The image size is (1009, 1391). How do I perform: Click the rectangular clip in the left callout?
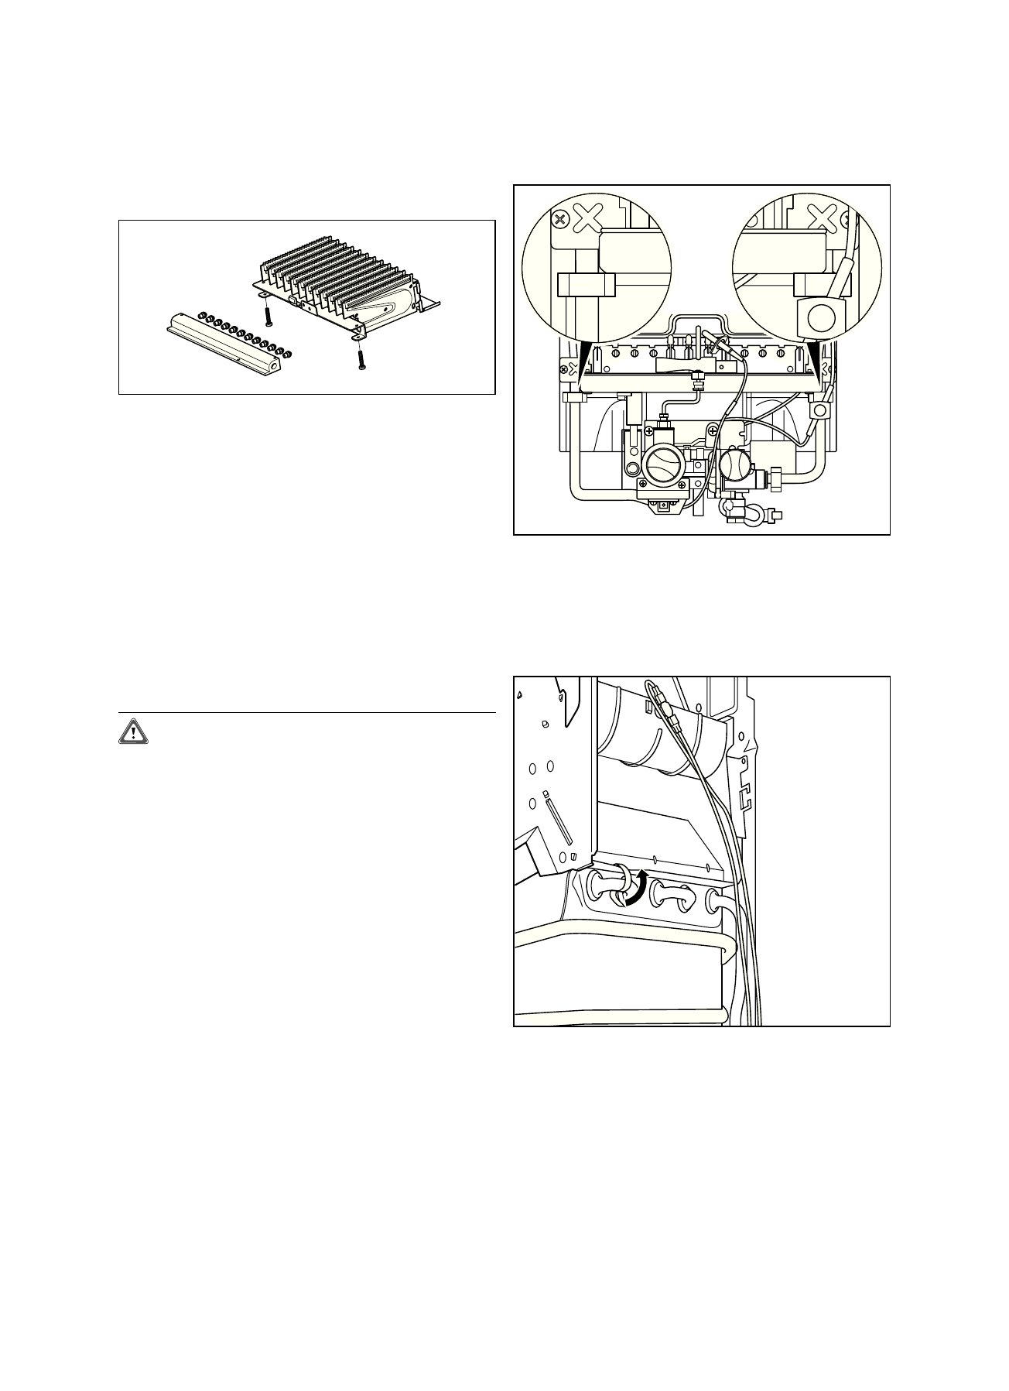coord(586,285)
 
